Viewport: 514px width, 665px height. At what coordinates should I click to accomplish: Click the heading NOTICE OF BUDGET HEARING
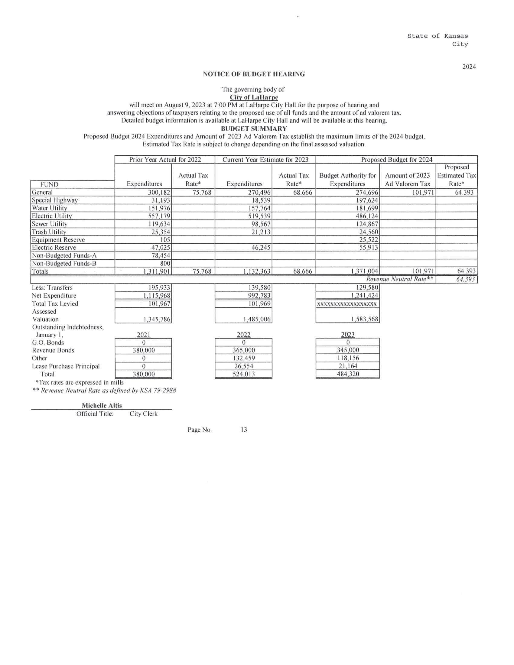pos(254,74)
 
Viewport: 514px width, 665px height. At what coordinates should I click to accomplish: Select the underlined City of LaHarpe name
pos(254,97)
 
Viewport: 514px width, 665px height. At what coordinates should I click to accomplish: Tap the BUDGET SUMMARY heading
pos(254,128)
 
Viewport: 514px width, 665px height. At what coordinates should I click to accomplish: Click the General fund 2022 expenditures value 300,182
pos(158,193)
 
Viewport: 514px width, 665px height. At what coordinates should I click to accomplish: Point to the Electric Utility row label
pos(52,216)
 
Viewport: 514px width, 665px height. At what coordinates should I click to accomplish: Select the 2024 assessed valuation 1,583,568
pos(363,320)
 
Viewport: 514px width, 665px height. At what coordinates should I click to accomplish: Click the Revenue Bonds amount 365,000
pos(244,350)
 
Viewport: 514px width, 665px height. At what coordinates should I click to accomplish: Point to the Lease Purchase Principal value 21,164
pos(348,366)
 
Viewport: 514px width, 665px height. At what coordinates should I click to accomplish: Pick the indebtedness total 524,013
pos(244,374)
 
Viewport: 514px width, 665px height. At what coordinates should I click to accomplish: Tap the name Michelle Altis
pos(102,406)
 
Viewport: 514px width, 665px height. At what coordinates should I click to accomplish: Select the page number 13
pos(244,430)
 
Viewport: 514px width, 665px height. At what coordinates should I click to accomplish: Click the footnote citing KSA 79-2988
pos(104,390)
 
